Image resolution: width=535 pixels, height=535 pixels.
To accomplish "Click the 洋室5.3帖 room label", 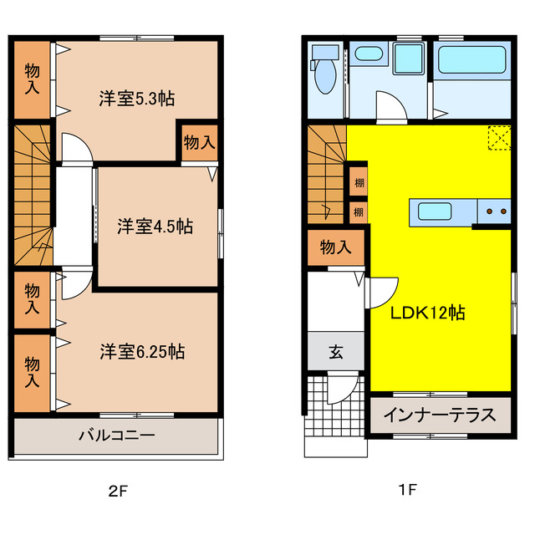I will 137,98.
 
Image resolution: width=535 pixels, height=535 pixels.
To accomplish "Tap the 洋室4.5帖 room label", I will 155,226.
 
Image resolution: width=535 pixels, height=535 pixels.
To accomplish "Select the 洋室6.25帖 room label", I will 142,351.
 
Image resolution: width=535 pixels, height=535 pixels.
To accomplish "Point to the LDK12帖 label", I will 429,313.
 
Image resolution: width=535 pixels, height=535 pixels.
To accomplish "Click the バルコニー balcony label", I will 117,435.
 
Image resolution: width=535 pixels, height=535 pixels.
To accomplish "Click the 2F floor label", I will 118,491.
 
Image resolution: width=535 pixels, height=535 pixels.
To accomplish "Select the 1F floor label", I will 407,491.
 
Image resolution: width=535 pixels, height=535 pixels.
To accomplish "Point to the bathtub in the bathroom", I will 471,61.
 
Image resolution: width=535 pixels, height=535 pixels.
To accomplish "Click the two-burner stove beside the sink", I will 494,211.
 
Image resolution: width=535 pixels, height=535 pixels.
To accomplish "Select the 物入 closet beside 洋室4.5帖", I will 199,142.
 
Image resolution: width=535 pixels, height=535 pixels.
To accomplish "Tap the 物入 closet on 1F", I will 335,247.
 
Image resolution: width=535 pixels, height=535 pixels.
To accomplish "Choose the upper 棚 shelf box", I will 358,182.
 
